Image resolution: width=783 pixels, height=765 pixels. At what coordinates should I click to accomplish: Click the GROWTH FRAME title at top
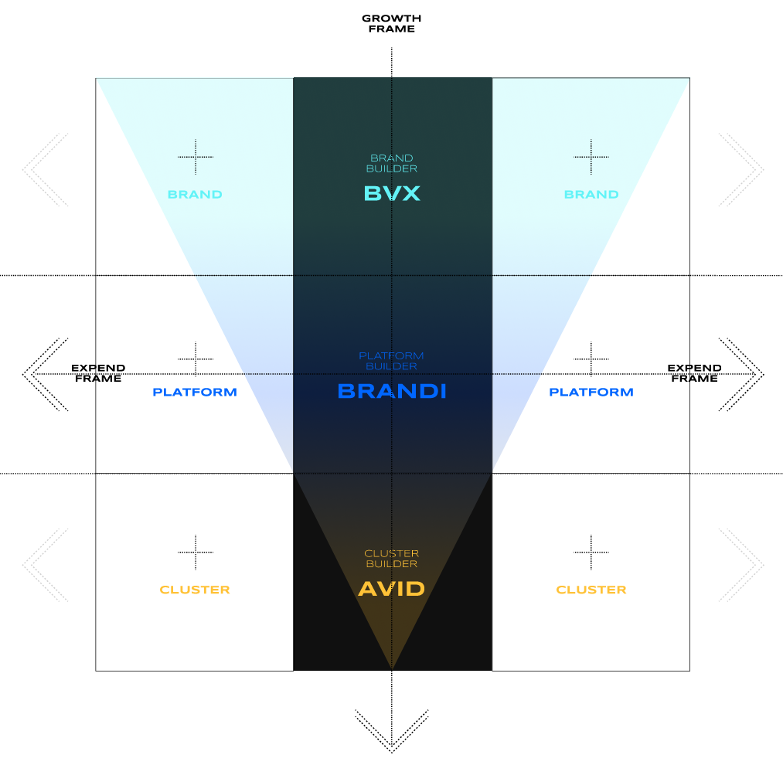392,23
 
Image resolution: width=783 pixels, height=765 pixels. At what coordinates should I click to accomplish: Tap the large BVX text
392,193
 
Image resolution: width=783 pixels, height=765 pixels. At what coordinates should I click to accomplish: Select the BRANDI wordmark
392,391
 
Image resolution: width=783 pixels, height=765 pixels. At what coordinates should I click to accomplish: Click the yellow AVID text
392,589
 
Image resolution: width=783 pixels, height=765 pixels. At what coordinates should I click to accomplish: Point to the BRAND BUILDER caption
392,163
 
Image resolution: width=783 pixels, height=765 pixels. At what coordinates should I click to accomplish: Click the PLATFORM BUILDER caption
392,361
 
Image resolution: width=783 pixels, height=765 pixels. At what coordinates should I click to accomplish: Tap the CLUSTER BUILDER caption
392,559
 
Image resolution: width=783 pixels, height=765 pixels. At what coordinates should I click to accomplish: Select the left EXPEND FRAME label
98,373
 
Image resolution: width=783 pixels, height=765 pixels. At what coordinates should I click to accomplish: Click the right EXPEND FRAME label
694,373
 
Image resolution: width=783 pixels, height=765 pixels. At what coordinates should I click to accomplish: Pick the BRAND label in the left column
195,195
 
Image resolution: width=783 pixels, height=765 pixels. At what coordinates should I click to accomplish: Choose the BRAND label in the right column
591,195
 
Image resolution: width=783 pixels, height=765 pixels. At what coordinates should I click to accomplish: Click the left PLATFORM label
195,393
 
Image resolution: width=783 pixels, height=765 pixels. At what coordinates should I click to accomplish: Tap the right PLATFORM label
591,393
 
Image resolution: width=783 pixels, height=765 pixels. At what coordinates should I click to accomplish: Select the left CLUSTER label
195,590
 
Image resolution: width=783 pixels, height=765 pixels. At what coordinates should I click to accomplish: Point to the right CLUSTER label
591,590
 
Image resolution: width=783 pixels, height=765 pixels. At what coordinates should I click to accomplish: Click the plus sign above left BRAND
196,157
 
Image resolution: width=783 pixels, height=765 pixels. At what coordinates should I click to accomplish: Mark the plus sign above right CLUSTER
591,552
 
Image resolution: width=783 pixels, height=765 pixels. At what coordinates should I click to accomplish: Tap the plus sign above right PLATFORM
591,359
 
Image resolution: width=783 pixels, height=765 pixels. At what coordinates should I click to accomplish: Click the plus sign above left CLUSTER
196,552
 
